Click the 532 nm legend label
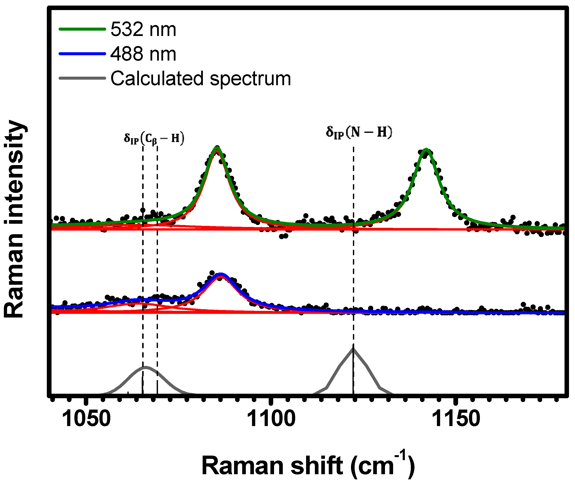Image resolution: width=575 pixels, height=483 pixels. [x=143, y=29]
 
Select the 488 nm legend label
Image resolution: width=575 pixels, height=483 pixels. [x=143, y=54]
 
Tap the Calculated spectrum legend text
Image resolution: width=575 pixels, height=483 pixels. [x=201, y=79]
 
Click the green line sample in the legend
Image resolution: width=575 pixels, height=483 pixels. [x=82, y=29]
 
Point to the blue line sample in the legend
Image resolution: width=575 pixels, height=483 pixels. [x=82, y=54]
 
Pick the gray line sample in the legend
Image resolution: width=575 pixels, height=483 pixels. [x=82, y=78]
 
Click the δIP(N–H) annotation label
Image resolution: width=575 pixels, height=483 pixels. [x=359, y=133]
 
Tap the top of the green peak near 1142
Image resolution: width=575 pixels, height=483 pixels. [x=426, y=150]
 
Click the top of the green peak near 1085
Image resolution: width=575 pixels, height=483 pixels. [x=217, y=148]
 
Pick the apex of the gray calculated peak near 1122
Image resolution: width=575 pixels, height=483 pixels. [x=353, y=349]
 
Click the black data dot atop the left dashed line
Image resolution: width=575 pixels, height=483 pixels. [x=143, y=210]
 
